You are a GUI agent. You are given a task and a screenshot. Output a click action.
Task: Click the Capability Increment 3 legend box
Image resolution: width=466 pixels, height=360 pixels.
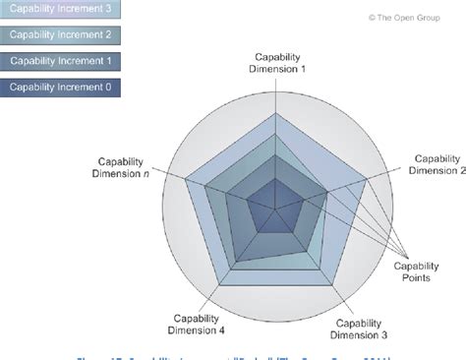point(61,10)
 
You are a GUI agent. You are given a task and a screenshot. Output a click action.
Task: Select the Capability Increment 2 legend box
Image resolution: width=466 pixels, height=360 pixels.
point(61,35)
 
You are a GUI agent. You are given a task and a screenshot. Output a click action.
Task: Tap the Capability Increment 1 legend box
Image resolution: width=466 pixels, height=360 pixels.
point(61,61)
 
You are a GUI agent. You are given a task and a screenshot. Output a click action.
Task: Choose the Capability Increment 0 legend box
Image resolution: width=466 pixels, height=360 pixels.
point(61,88)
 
